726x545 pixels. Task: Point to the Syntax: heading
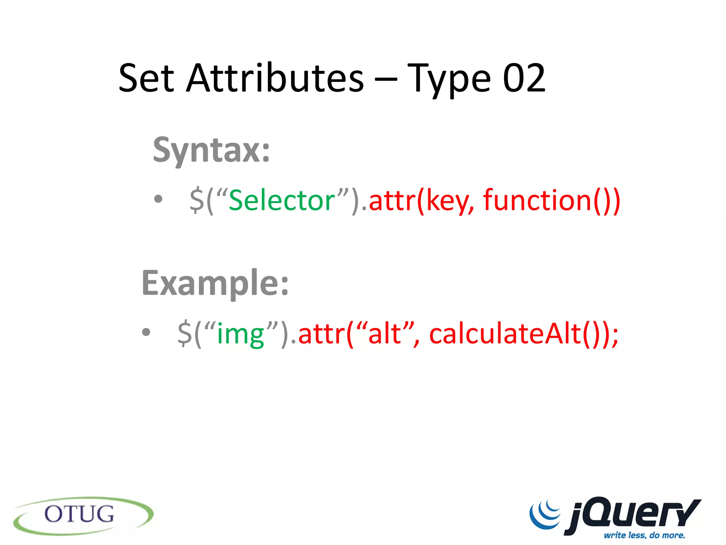pyautogui.click(x=211, y=150)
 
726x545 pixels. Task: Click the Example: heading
pyautogui.click(x=215, y=283)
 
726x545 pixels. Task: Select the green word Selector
pyautogui.click(x=282, y=200)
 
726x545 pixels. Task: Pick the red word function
pyautogui.click(x=537, y=200)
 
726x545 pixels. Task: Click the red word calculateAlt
pyautogui.click(x=505, y=334)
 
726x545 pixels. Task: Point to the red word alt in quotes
pyautogui.click(x=384, y=334)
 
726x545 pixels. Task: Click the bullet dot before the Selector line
pyautogui.click(x=158, y=199)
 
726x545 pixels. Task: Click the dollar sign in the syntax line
pyautogui.click(x=197, y=201)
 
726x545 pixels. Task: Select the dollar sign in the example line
pyautogui.click(x=185, y=334)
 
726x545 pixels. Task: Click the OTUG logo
pyautogui.click(x=83, y=515)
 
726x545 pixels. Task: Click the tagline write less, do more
pyautogui.click(x=644, y=535)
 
